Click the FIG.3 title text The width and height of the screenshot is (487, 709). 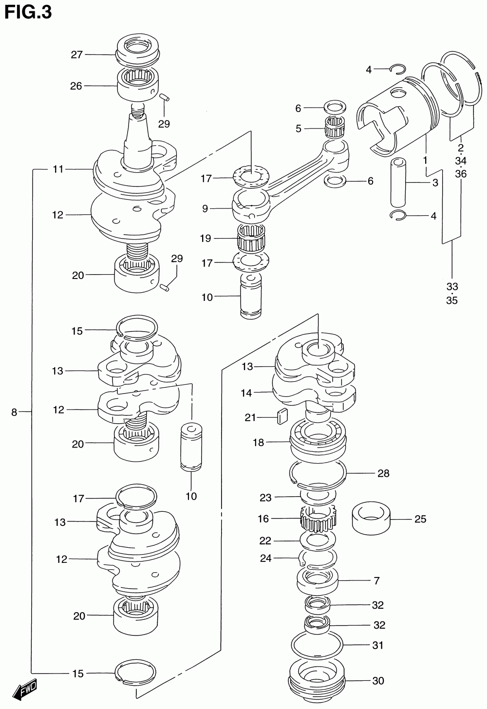click(x=28, y=12)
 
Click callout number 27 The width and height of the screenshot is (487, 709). click(x=77, y=55)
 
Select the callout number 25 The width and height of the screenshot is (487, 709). click(x=420, y=519)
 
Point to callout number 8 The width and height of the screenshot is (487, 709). click(x=14, y=412)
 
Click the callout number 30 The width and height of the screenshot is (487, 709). click(x=378, y=681)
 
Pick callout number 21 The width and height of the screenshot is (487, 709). click(x=250, y=417)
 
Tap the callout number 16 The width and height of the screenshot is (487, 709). click(x=263, y=519)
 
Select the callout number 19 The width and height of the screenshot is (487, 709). click(x=206, y=239)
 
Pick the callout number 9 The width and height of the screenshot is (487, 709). click(x=205, y=208)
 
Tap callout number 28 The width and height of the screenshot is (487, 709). click(x=383, y=473)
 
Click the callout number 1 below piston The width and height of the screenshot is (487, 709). click(x=425, y=160)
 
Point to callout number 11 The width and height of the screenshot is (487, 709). click(x=58, y=169)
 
